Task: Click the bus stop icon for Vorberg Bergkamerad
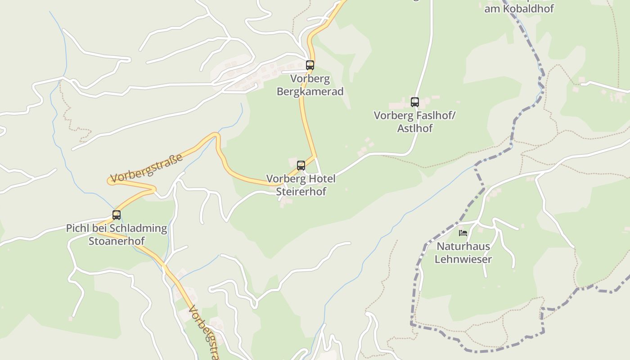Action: pyautogui.click(x=310, y=65)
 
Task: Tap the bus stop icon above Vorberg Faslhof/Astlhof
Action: pyautogui.click(x=414, y=102)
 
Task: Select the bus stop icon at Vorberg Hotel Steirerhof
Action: pyautogui.click(x=301, y=166)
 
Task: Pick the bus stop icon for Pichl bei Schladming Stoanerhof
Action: pyautogui.click(x=116, y=215)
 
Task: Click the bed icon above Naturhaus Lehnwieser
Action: pyautogui.click(x=463, y=233)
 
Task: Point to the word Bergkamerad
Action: pyautogui.click(x=310, y=91)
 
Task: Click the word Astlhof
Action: pyautogui.click(x=414, y=128)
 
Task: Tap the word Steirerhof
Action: pyautogui.click(x=301, y=191)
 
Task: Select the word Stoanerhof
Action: pyautogui.click(x=116, y=241)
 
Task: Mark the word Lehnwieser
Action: pyautogui.click(x=463, y=259)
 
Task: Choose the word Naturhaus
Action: pyautogui.click(x=463, y=246)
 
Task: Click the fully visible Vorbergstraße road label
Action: pyautogui.click(x=147, y=168)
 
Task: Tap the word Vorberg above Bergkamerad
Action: pyautogui.click(x=310, y=79)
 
